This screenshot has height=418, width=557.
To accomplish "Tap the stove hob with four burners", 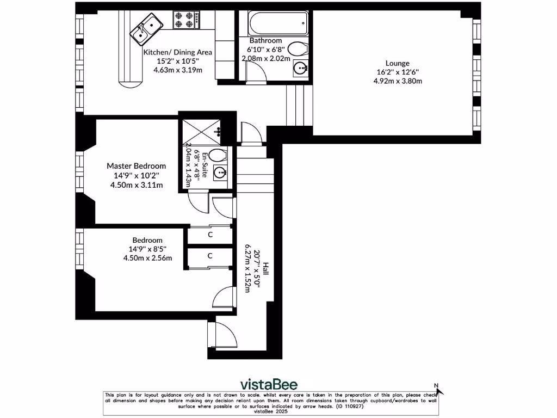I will point(184,20).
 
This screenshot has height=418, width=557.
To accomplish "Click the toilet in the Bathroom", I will point(298,48).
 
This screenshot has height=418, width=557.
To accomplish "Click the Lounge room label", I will point(397,63).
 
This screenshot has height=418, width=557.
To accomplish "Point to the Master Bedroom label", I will point(136,166).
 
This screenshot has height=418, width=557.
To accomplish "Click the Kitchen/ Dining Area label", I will point(177,52).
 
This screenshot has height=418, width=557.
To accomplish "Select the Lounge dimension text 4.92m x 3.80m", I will point(398,81).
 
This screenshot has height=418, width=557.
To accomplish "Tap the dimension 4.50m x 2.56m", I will point(147,258).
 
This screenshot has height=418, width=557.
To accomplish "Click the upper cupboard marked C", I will point(210,235).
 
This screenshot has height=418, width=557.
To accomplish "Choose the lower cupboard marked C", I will point(210,255).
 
